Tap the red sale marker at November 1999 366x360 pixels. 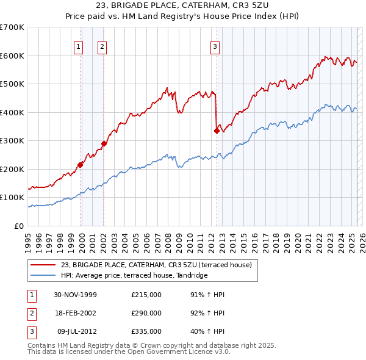(81, 165)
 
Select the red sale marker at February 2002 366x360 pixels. (104, 143)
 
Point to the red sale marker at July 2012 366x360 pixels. (216, 131)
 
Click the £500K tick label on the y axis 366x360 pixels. (12, 84)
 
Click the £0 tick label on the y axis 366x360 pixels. (20, 226)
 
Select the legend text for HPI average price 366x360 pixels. (134, 275)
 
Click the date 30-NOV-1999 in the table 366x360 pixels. (76, 295)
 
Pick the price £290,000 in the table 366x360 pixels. (146, 313)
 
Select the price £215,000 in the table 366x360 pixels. (146, 295)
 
